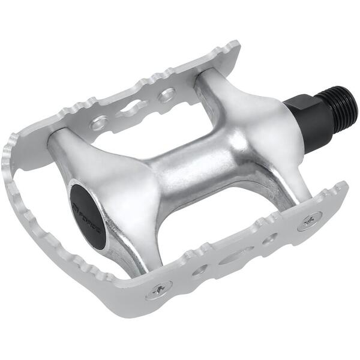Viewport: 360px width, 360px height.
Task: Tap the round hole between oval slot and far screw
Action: point(199,271)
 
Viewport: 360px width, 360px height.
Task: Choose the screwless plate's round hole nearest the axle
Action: point(166,95)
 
